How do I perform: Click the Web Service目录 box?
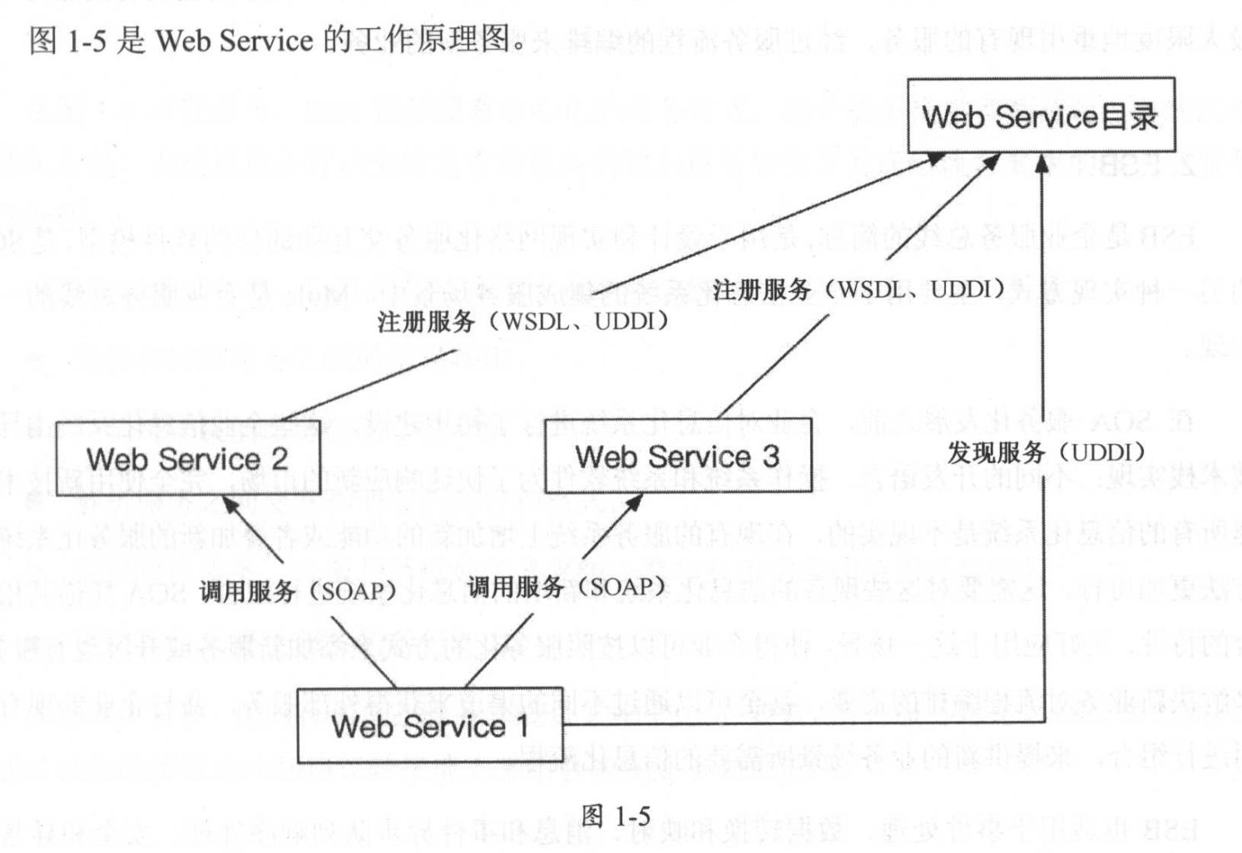1040,116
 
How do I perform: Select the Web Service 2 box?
187,458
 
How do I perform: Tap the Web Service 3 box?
677,456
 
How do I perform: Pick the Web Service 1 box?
429,726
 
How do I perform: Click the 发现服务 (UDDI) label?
1046,452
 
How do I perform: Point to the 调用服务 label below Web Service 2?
297,591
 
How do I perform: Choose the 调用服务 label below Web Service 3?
566,587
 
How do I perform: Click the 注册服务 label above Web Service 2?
522,322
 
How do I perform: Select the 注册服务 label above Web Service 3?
858,289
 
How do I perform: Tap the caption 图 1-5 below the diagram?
616,816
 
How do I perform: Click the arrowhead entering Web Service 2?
230,504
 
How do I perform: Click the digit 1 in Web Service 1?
522,726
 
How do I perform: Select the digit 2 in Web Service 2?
279,458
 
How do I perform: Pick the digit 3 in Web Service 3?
770,456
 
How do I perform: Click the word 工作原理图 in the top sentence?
431,39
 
